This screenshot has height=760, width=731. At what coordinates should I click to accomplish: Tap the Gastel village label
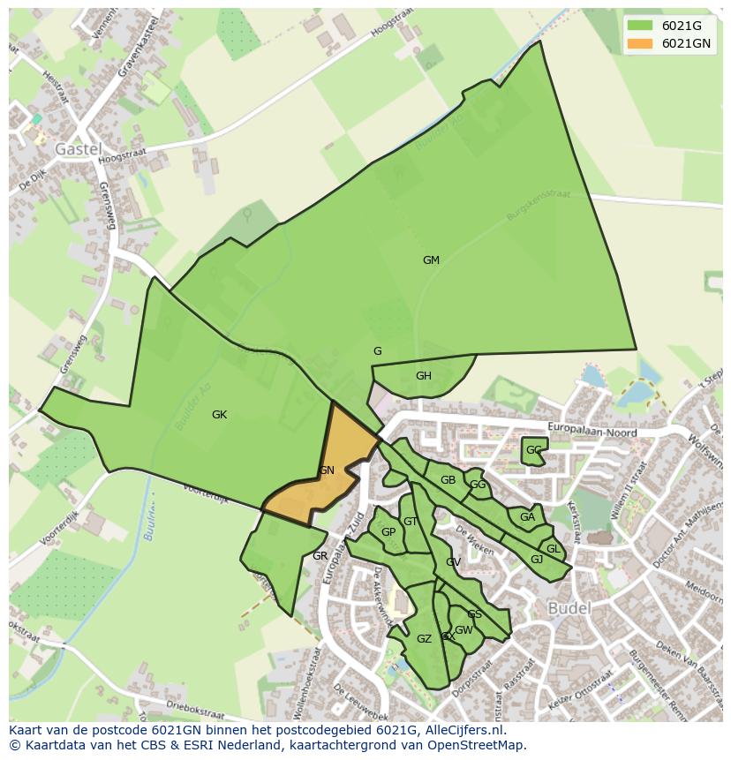pos(79,149)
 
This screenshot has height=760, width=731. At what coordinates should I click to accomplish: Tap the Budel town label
pos(569,608)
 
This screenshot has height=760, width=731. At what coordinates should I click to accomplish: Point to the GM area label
pos(431,260)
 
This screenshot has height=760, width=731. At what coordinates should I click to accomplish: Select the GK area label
pos(220,415)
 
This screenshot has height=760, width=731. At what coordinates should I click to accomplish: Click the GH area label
pos(424,376)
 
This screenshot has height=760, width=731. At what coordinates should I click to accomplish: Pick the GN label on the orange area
pos(327,470)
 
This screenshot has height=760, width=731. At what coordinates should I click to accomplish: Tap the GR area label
pos(320,556)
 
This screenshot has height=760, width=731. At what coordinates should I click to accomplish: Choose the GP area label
pos(388,532)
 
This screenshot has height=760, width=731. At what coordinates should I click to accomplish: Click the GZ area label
pos(424,639)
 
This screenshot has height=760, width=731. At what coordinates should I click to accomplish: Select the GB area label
pos(448,480)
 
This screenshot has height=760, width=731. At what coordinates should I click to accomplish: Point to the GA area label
pos(527,517)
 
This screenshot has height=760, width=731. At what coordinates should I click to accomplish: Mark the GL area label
pos(554,549)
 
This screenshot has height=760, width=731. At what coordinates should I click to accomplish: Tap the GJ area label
pos(537,560)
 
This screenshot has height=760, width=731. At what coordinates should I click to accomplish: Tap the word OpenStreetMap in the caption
pos(478,745)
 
